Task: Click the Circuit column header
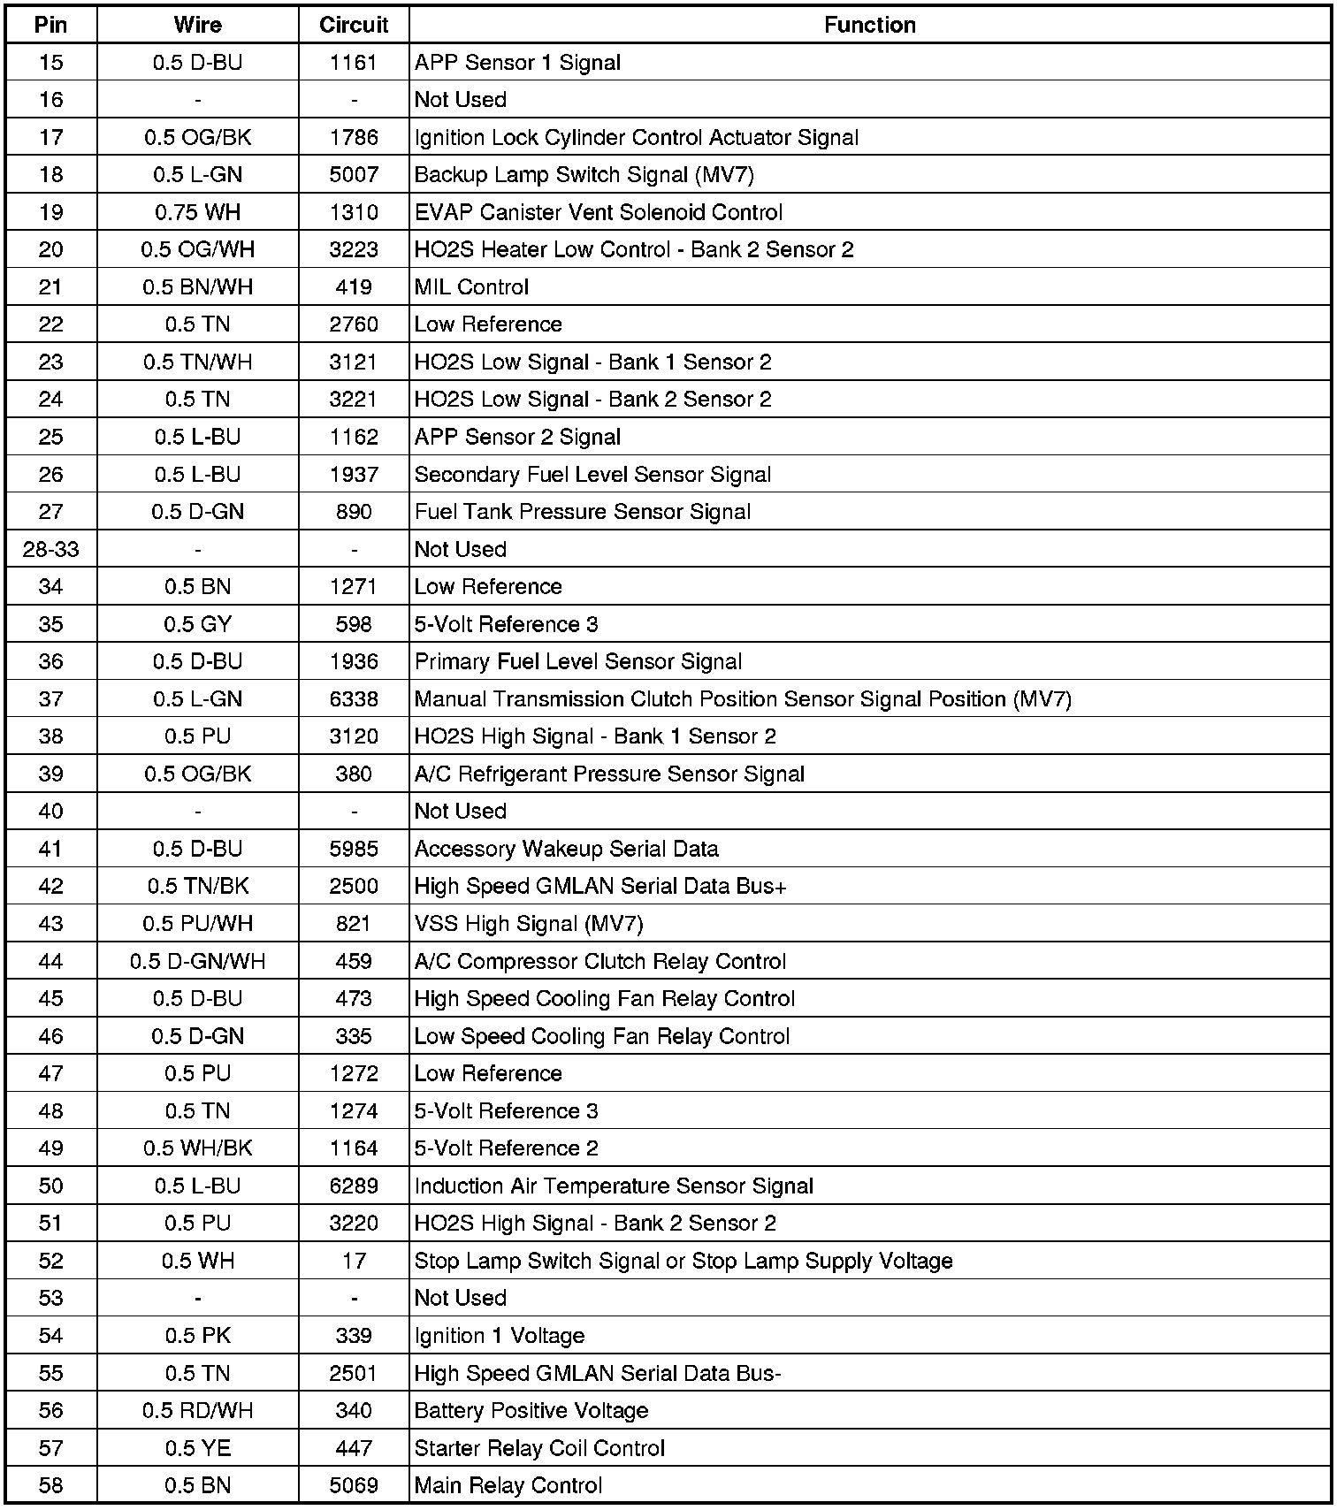pyautogui.click(x=354, y=25)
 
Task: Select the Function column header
pyautogui.click(x=869, y=25)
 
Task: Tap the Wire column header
pyautogui.click(x=197, y=25)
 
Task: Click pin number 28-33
pyautogui.click(x=51, y=549)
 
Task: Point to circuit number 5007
pyautogui.click(x=354, y=175)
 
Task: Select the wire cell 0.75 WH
pyautogui.click(x=197, y=212)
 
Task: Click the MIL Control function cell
pyautogui.click(x=471, y=287)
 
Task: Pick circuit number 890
pyautogui.click(x=354, y=512)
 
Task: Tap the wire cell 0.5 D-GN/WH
pyautogui.click(x=197, y=961)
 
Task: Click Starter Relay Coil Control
pyautogui.click(x=539, y=1448)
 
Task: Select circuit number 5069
pyautogui.click(x=354, y=1485)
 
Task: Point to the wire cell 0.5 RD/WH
pyautogui.click(x=197, y=1411)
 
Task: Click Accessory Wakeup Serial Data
pyautogui.click(x=566, y=849)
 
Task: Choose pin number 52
pyautogui.click(x=51, y=1261)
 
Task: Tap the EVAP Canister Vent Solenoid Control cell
pyautogui.click(x=598, y=212)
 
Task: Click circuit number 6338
pyautogui.click(x=354, y=699)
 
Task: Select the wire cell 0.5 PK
pyautogui.click(x=197, y=1336)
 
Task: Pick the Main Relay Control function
pyautogui.click(x=508, y=1485)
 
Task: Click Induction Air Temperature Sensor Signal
pyautogui.click(x=614, y=1186)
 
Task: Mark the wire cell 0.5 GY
pyautogui.click(x=197, y=624)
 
